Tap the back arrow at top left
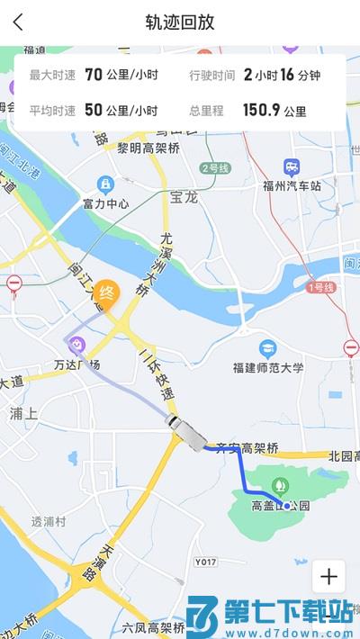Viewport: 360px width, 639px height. pos(18,22)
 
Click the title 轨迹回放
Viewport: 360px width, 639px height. pos(180,22)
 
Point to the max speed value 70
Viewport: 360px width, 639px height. pos(94,75)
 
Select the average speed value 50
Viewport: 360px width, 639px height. pos(94,111)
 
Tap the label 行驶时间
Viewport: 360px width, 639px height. pos(211,76)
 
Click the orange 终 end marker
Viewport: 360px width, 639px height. pos(106,293)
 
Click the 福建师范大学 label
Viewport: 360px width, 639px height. pos(268,367)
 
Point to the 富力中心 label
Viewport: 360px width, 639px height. pos(106,203)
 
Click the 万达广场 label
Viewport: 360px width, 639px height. pos(76,364)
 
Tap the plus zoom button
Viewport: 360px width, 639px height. pos(328,577)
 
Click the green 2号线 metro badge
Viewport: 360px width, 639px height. pos(216,168)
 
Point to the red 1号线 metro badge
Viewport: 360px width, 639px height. pos(321,287)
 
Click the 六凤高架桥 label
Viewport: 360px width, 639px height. pos(153,627)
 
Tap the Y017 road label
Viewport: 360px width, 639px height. pos(205,562)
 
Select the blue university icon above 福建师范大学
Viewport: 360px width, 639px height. pos(267,348)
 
